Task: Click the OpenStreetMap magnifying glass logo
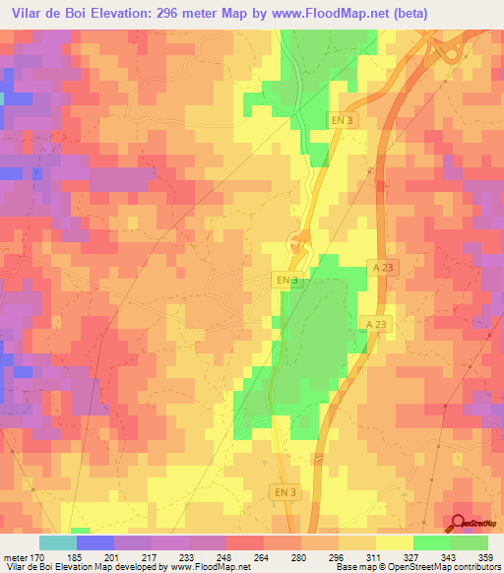(x=458, y=524)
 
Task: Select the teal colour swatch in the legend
(x=57, y=541)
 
